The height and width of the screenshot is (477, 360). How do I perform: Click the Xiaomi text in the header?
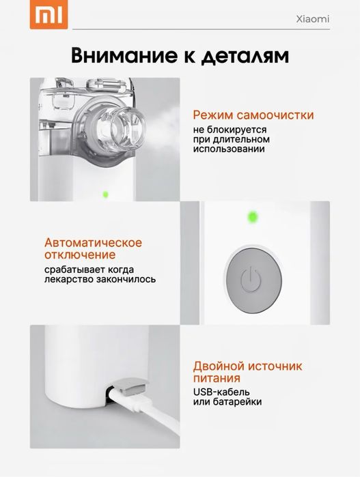pyautogui.click(x=314, y=19)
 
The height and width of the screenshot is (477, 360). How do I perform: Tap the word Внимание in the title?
pyautogui.click(x=120, y=55)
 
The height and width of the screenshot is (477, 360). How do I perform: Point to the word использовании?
pyautogui.click(x=228, y=149)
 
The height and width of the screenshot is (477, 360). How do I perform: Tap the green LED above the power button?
pyautogui.click(x=251, y=218)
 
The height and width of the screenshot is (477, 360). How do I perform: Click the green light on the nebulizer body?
pyautogui.click(x=105, y=194)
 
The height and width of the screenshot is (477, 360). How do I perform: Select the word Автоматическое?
pyautogui.click(x=93, y=243)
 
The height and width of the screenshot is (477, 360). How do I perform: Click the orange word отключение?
pyautogui.click(x=80, y=255)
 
